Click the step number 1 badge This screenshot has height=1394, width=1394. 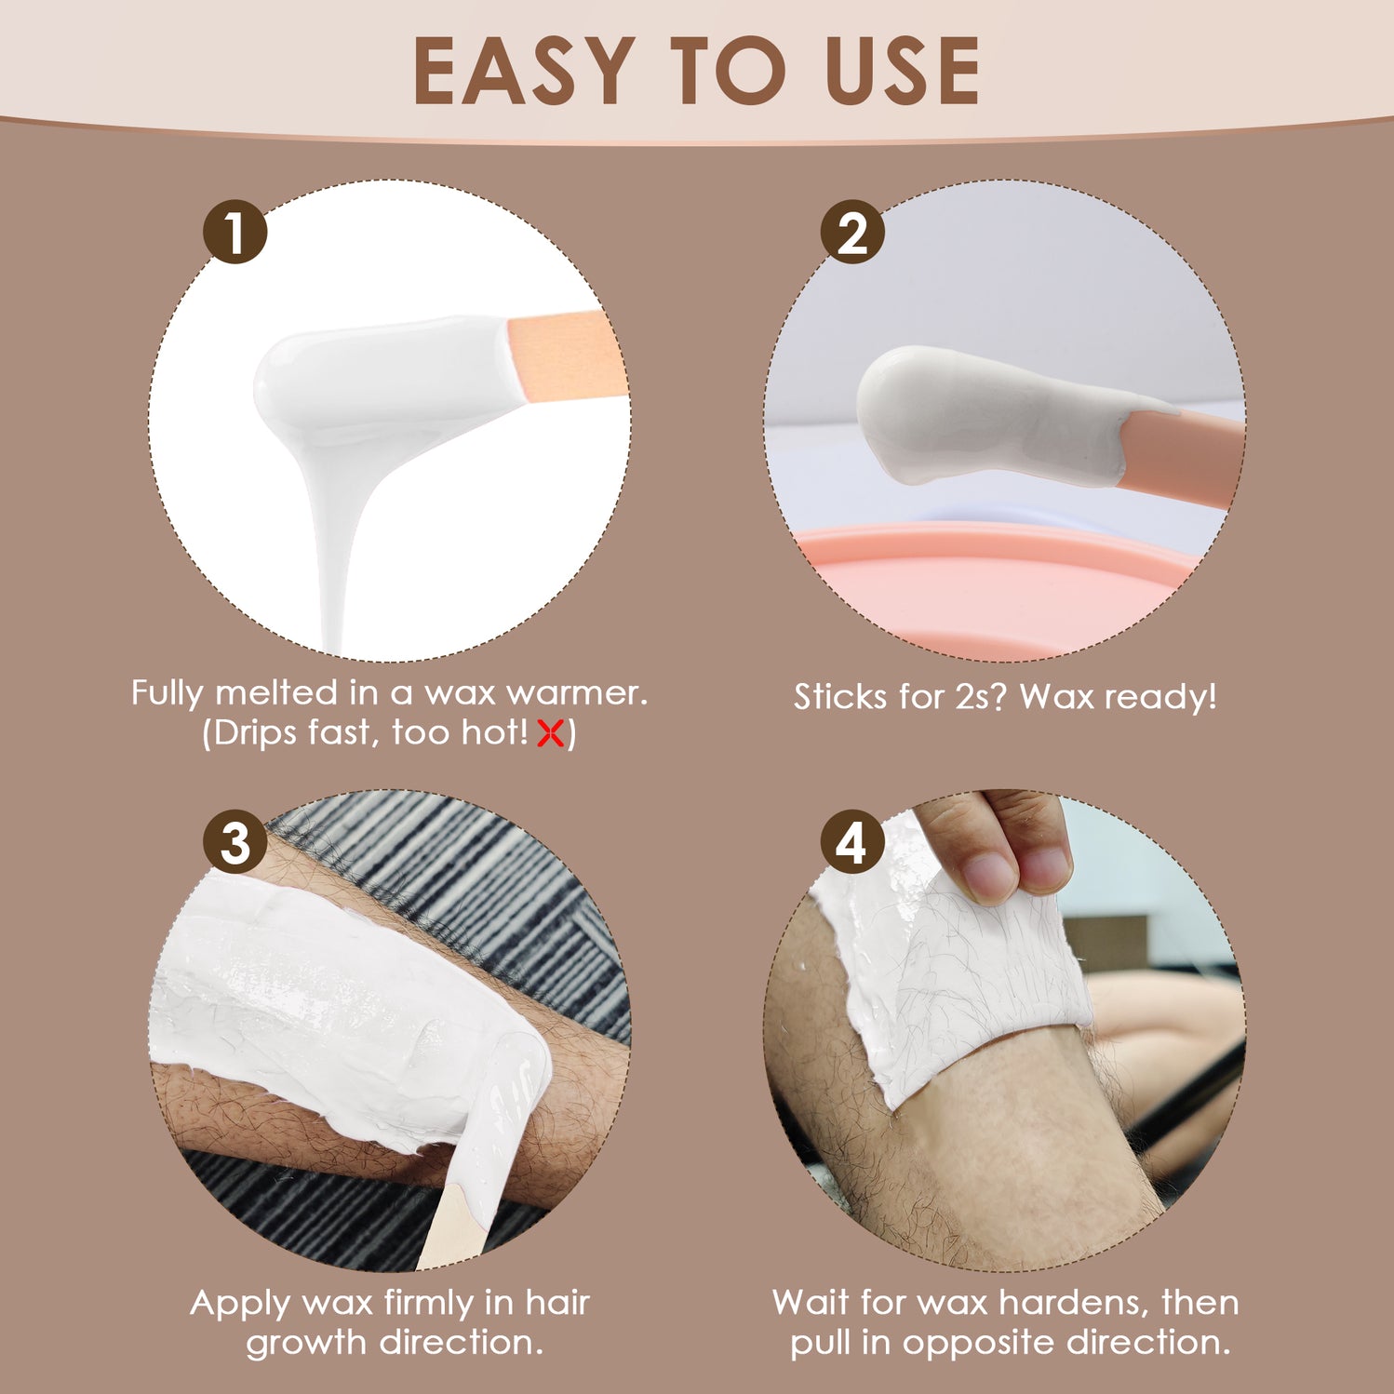(x=235, y=232)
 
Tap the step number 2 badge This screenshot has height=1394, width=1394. (x=851, y=232)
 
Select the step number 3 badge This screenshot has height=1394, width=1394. (x=235, y=842)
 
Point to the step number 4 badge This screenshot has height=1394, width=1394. (x=851, y=842)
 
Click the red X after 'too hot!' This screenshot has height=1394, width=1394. (x=551, y=734)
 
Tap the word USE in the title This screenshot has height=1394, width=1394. (x=902, y=72)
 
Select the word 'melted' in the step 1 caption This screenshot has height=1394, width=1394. (x=276, y=693)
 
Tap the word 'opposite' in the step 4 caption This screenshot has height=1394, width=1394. (x=978, y=1343)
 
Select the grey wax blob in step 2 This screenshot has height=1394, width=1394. (x=977, y=414)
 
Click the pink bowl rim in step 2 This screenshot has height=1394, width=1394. (x=986, y=544)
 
